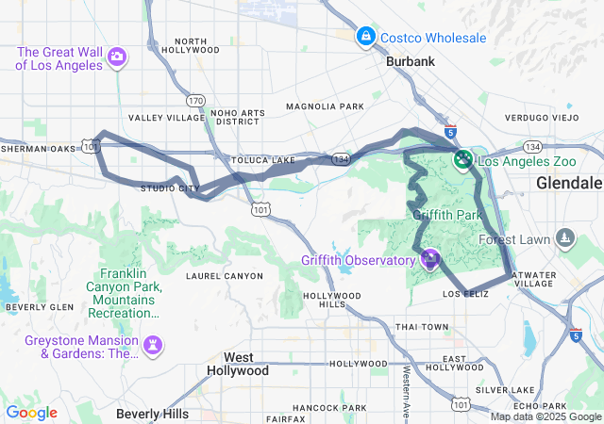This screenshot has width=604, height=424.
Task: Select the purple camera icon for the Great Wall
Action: (x=117, y=57)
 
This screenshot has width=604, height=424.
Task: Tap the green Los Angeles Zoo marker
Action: (x=462, y=160)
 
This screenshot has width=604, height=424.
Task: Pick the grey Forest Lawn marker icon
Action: (x=564, y=239)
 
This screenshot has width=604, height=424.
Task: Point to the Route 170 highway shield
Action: (x=195, y=100)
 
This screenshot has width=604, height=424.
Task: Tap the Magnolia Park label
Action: (x=325, y=107)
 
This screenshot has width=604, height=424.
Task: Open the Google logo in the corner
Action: (x=31, y=413)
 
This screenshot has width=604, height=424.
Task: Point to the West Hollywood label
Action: (x=238, y=364)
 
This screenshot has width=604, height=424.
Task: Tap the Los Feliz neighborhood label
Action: (x=463, y=295)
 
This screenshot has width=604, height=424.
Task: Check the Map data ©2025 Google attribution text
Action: (x=545, y=416)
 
